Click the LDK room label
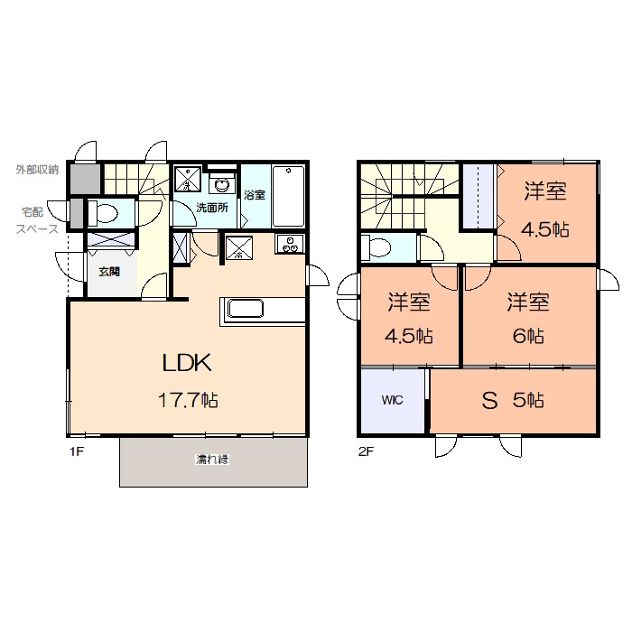tap(187, 363)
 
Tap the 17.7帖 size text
tap(188, 400)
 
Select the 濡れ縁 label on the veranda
tap(212, 459)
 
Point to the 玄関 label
tap(109, 272)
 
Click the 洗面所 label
tap(212, 208)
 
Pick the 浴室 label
tap(255, 195)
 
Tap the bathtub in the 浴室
tap(289, 196)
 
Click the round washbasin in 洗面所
tap(221, 185)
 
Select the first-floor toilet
tap(102, 213)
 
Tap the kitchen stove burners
tap(290, 245)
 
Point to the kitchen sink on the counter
tap(246, 309)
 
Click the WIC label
tap(392, 400)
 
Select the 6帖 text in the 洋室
tap(528, 335)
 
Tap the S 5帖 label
tap(513, 400)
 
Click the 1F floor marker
tap(77, 451)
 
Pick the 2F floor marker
tap(366, 451)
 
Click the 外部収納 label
tap(37, 170)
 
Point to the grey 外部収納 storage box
tap(86, 179)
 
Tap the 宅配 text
tap(33, 211)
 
